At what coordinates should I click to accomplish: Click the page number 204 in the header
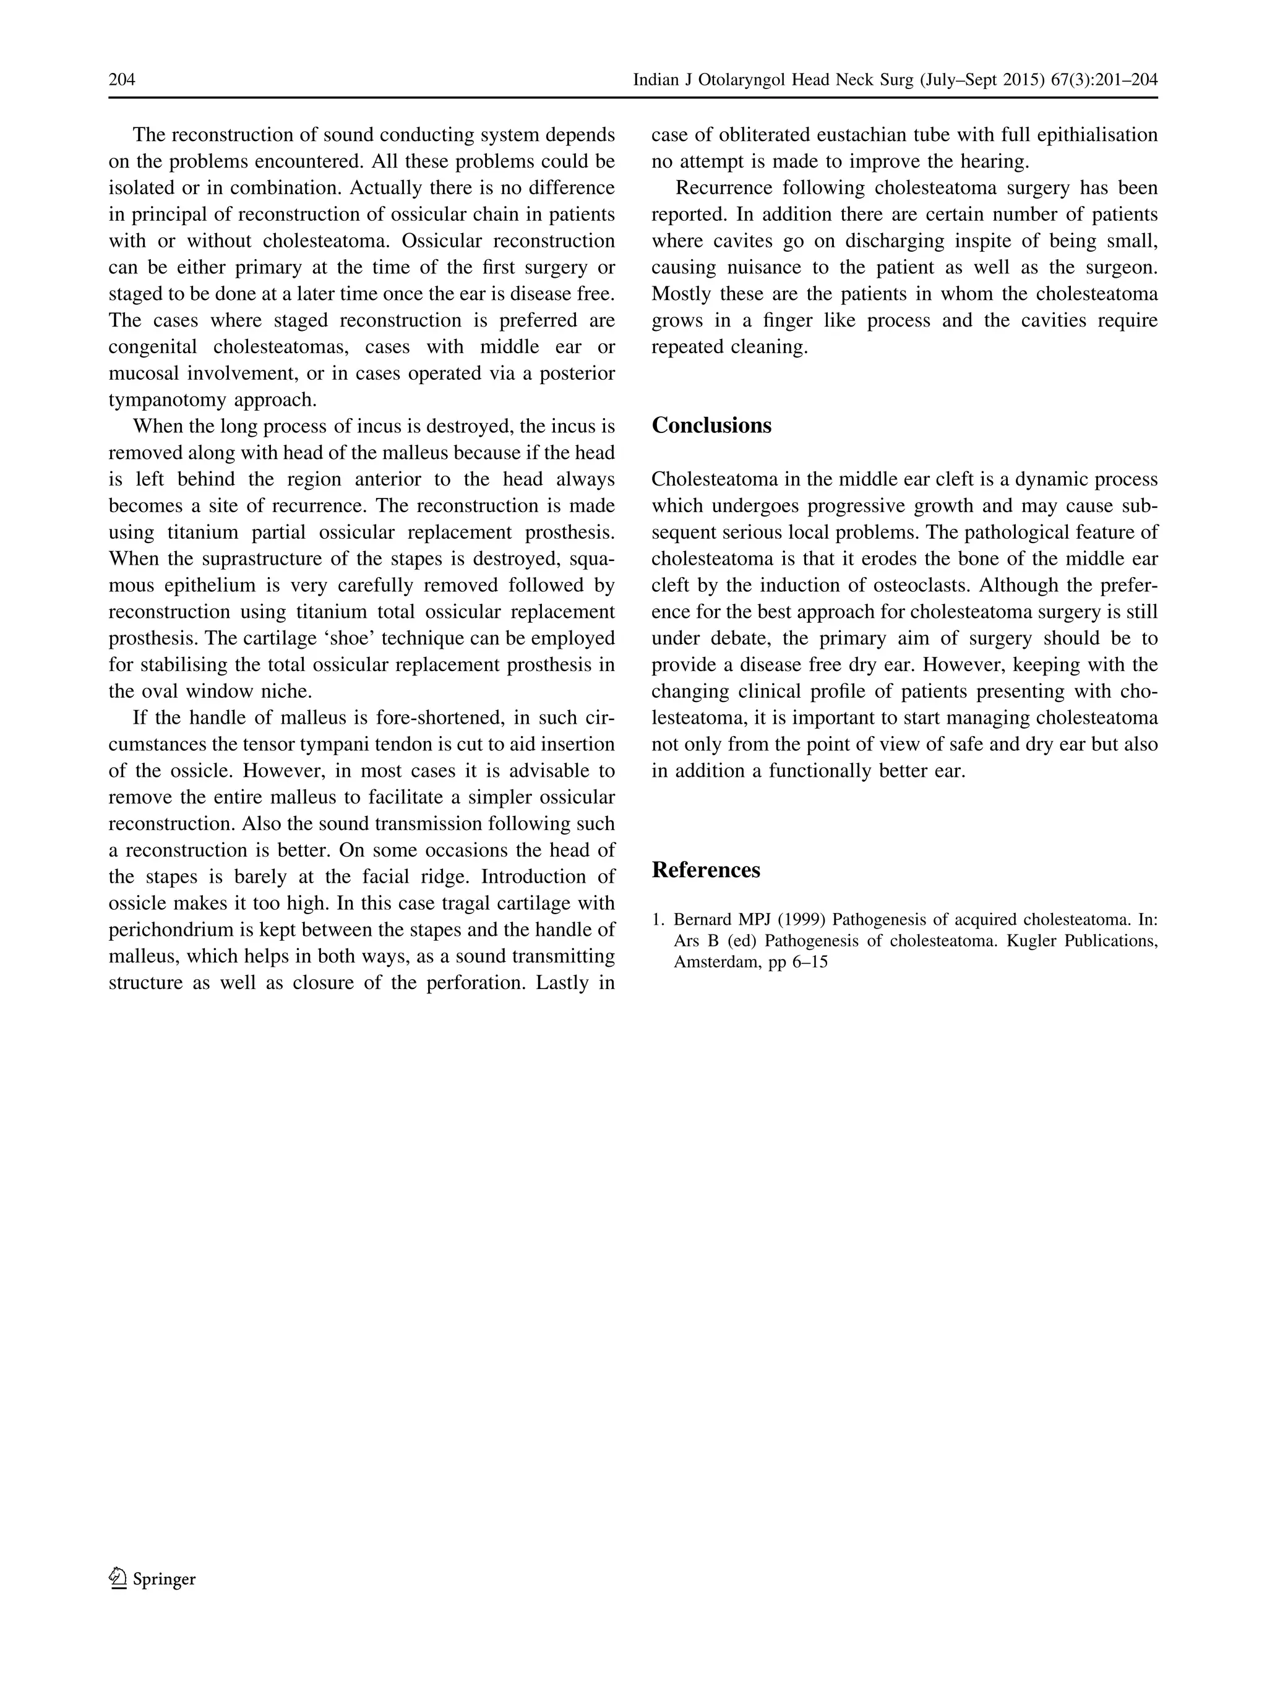pos(122,80)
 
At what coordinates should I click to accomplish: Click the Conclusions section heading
pos(711,426)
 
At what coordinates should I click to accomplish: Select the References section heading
pos(705,870)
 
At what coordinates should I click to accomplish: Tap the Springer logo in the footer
pos(152,1578)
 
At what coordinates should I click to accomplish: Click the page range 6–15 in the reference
pos(810,962)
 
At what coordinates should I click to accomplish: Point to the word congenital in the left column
pos(153,347)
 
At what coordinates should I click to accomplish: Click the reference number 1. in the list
pos(658,920)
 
